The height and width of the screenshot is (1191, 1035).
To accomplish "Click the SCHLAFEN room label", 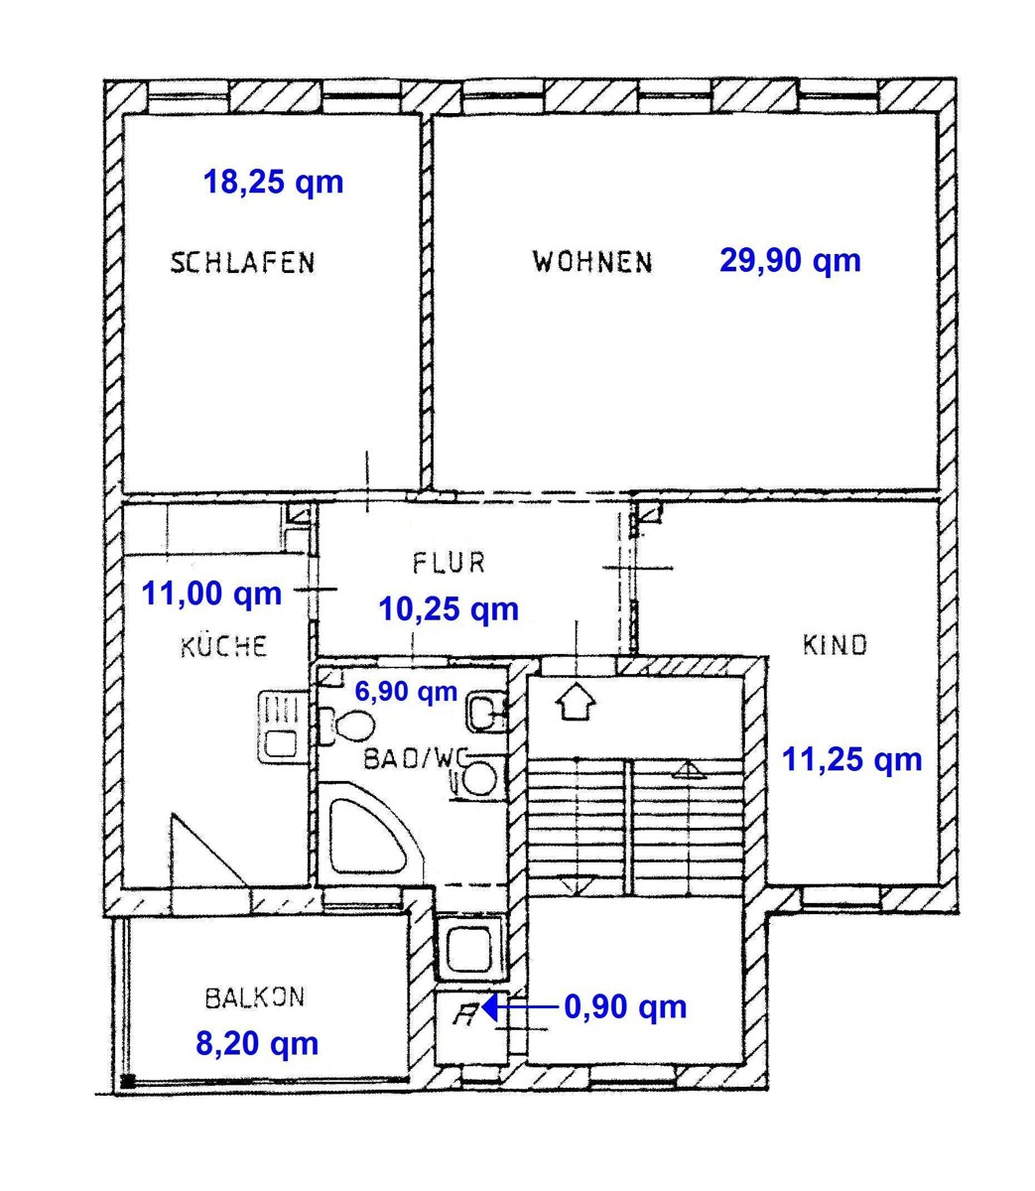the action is pos(242,263).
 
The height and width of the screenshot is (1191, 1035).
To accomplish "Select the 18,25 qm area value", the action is pos(274,183).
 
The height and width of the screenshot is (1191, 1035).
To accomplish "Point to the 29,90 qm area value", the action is pos(790,260).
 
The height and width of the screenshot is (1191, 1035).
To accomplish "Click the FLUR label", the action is pos(449,563).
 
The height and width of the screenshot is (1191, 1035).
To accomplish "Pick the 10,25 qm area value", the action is pos(449,609).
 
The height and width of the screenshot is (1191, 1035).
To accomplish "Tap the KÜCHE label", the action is pos(224,645).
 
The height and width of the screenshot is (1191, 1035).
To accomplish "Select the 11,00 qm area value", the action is pos(211,594).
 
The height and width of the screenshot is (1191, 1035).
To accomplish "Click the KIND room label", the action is pos(835,645).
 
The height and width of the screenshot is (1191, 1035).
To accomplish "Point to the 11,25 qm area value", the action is pos(852,759).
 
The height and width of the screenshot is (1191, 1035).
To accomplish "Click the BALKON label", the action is pos(255,997).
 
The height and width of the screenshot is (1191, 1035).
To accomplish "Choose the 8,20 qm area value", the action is pos(257,1043).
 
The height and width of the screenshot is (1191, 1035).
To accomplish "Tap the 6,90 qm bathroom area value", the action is pos(406,692).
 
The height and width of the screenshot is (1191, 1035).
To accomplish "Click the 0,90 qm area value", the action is pos(625,1007).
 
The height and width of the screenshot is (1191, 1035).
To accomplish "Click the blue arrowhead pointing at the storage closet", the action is pos(488,1007).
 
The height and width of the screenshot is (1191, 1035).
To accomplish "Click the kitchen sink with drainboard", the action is pos(281,728).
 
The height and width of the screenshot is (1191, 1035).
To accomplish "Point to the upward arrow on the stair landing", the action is pos(576,702).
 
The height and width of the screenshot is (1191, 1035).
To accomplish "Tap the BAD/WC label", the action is pos(416,758).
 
